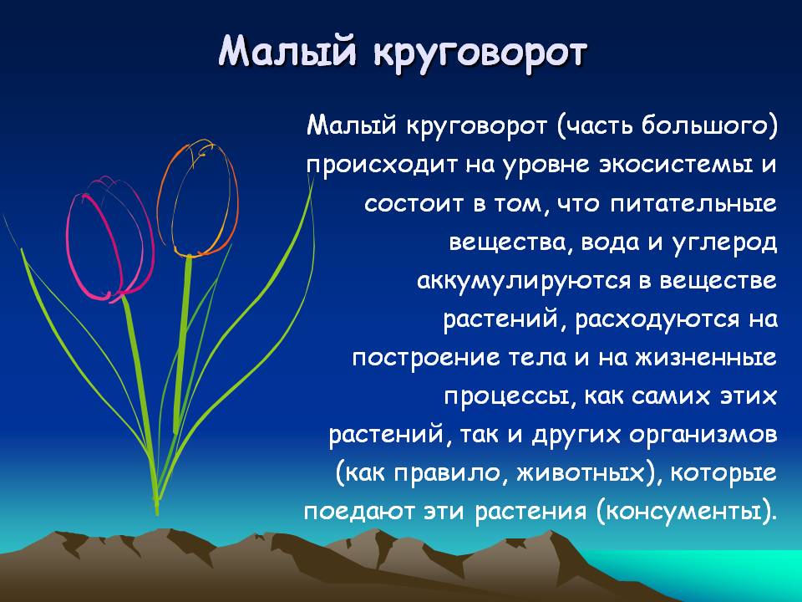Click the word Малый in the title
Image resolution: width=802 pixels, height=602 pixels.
click(287, 52)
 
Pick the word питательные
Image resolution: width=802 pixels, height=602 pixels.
click(693, 204)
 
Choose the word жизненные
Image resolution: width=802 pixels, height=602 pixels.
click(706, 358)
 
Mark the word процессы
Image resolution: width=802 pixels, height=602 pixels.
click(506, 396)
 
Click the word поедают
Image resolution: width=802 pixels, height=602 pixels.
click(358, 512)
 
